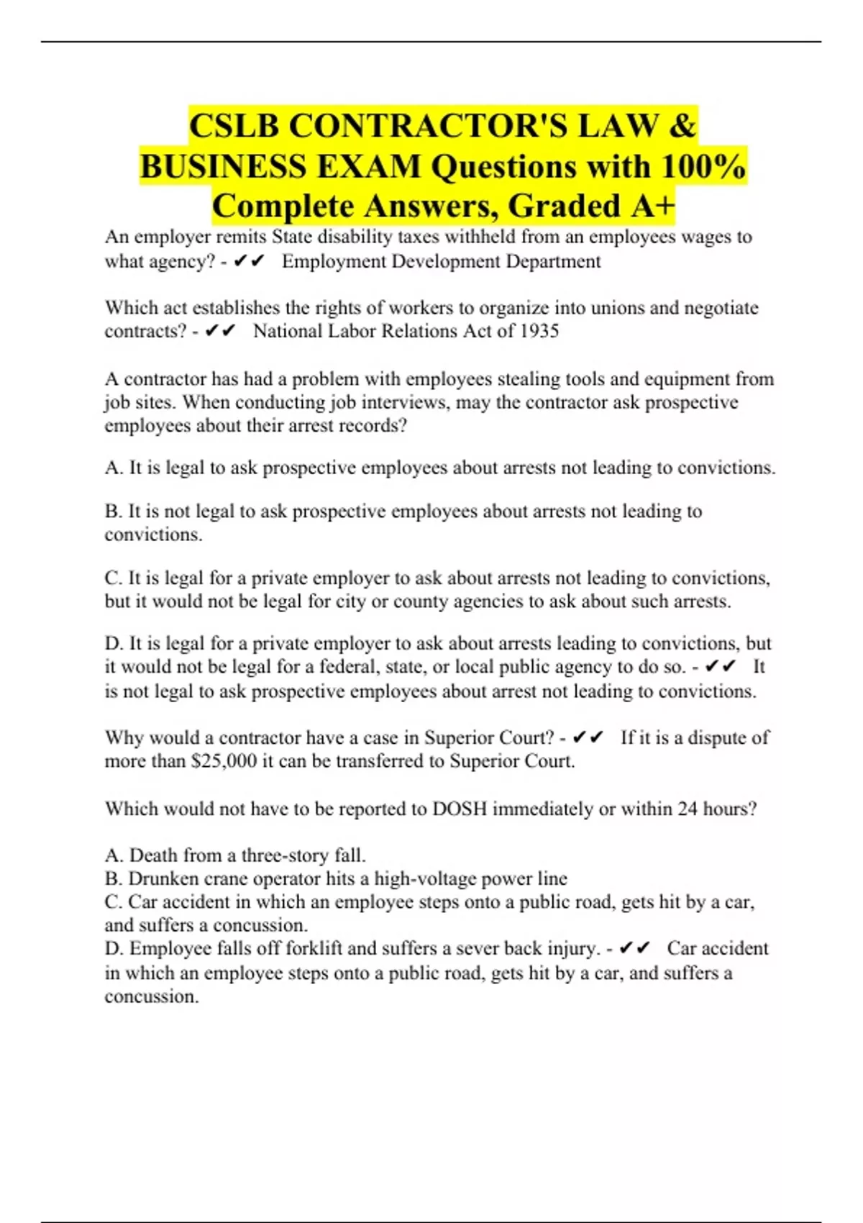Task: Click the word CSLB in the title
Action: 234,126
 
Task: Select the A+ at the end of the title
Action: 653,206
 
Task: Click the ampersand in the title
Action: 682,126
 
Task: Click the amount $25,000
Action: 224,761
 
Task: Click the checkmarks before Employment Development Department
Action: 250,261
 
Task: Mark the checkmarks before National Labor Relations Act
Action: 220,331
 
